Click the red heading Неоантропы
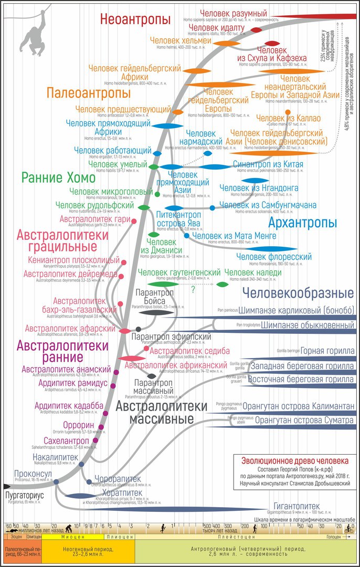pyautogui.click(x=136, y=20)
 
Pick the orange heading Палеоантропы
pyautogui.click(x=88, y=93)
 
